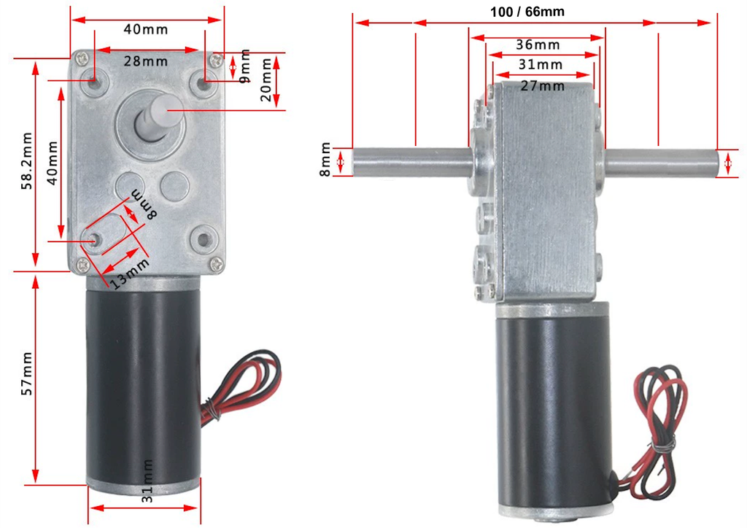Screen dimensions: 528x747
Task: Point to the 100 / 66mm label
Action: click(531, 11)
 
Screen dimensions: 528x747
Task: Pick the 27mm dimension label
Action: click(542, 86)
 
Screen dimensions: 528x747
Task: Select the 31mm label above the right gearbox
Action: click(541, 65)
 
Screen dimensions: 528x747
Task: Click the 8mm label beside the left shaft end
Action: click(325, 161)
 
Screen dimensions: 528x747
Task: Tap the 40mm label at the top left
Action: click(146, 30)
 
